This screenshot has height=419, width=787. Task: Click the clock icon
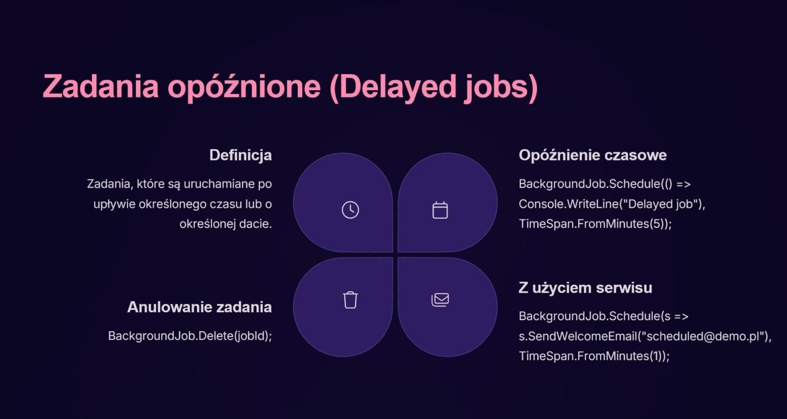(350, 210)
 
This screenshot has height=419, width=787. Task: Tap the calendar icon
(440, 210)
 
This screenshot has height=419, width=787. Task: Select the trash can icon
(350, 300)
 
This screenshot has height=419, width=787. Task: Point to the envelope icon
(440, 300)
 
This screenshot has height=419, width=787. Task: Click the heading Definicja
(240, 155)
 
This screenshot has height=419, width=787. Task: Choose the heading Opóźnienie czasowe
(592, 155)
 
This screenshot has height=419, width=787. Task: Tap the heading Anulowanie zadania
(199, 307)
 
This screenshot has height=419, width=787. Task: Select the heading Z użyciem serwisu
(585, 288)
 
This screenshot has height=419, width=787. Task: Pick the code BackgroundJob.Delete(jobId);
(190, 336)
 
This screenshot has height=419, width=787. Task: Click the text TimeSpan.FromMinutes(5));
(595, 224)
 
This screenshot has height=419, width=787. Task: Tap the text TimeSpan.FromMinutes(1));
(594, 356)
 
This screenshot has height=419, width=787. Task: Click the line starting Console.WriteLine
(612, 204)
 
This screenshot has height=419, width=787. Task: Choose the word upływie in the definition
(114, 204)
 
